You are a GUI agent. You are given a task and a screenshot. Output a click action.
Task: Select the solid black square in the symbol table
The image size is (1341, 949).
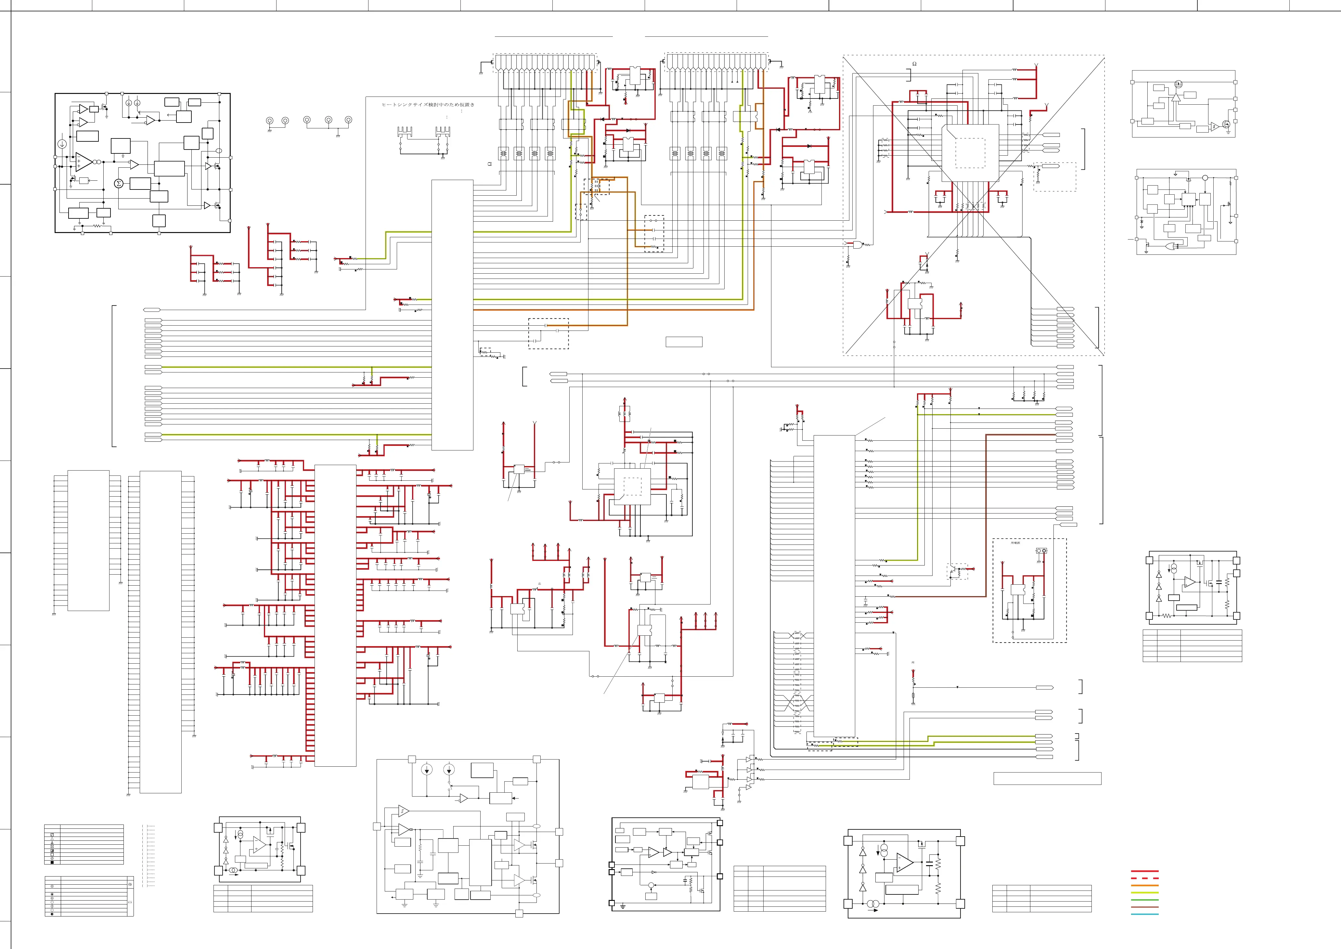click(52, 862)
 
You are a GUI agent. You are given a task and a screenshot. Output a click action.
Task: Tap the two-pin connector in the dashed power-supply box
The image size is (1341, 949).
click(1041, 551)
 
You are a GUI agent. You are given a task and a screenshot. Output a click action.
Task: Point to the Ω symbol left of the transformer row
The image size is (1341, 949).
click(490, 164)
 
